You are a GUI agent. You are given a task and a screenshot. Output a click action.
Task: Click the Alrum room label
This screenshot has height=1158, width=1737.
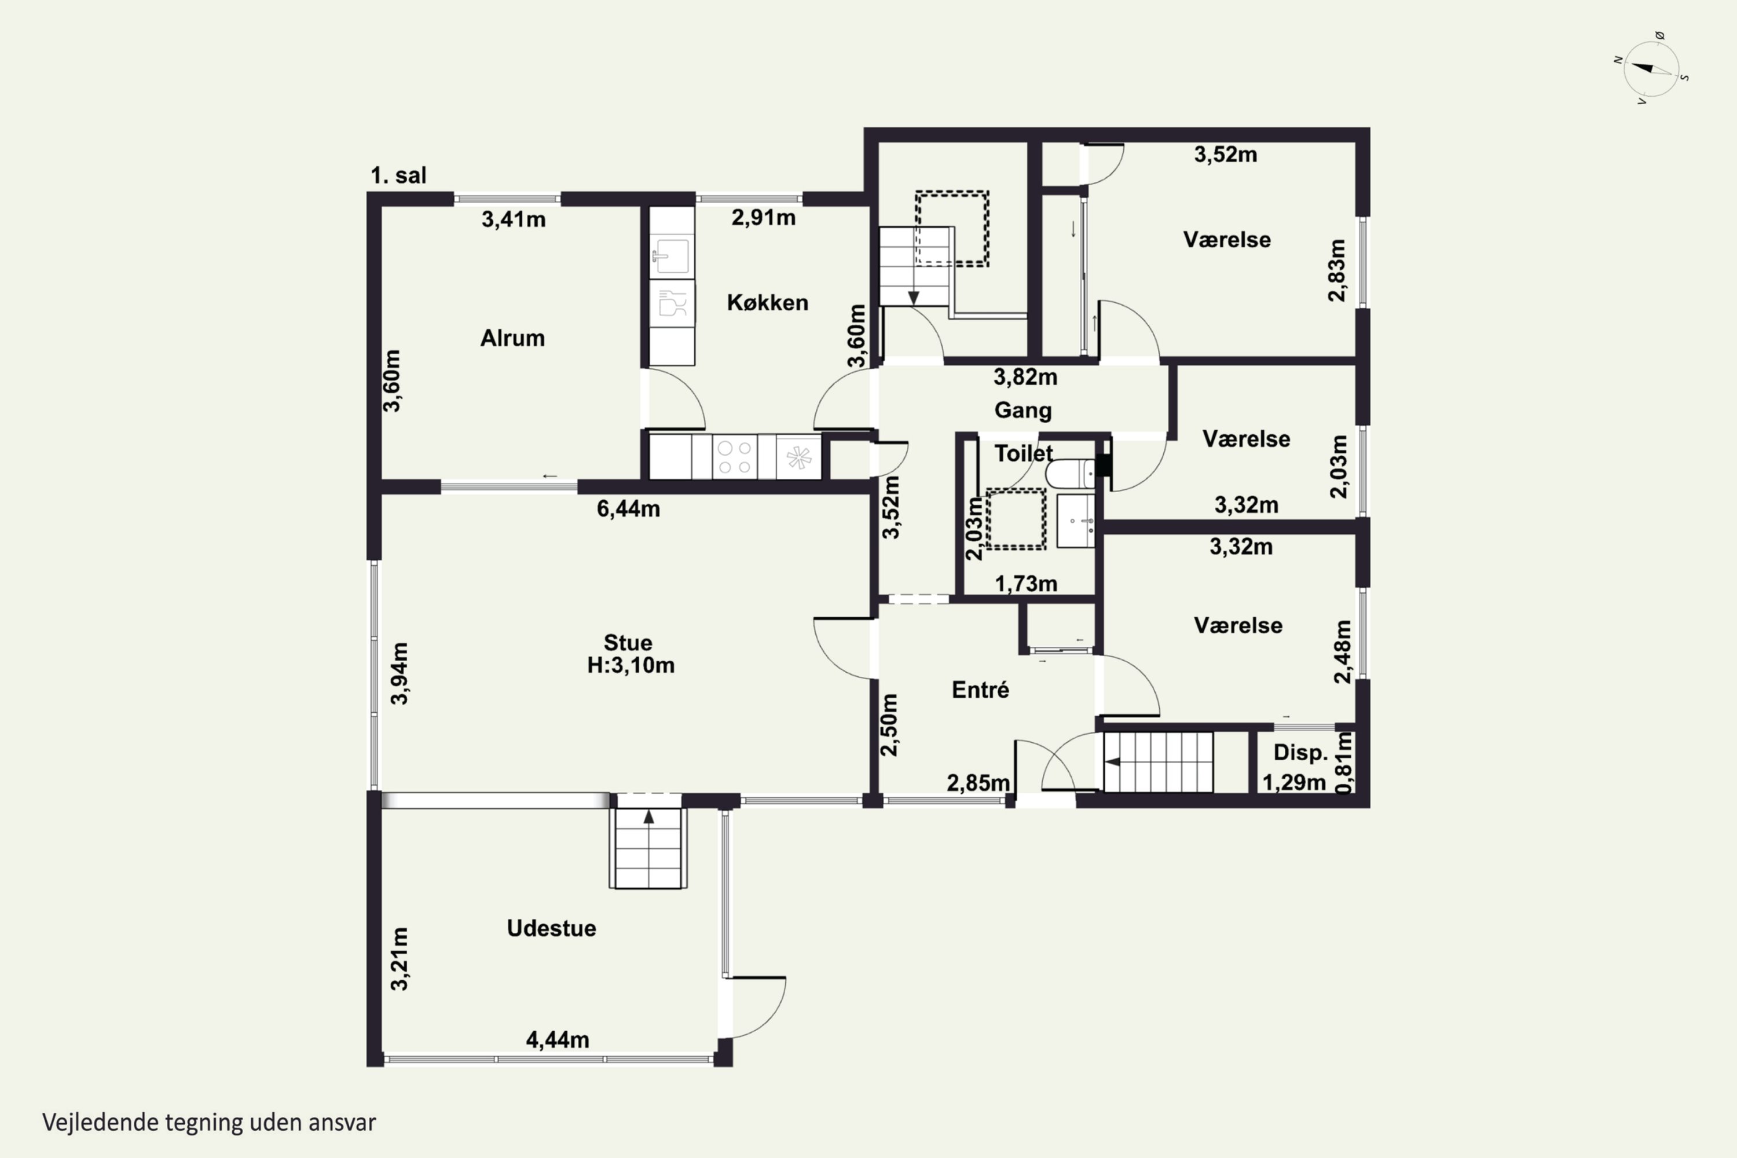click(x=512, y=338)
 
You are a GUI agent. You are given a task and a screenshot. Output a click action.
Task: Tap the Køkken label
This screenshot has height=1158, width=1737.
click(x=767, y=303)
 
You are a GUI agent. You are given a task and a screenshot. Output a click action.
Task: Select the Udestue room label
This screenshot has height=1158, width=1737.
click(x=551, y=928)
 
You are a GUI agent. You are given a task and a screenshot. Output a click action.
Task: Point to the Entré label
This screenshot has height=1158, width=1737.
click(x=980, y=690)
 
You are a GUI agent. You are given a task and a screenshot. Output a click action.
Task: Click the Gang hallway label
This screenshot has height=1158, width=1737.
click(x=1023, y=411)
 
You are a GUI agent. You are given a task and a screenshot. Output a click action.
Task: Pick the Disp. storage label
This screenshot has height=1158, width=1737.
click(x=1300, y=753)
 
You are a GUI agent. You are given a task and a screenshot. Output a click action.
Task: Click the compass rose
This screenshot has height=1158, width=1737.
click(x=1652, y=69)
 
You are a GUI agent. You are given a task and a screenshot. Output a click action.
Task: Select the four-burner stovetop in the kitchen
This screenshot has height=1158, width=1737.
click(x=734, y=457)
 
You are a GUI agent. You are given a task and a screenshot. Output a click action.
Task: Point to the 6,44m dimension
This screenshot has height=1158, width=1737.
click(x=628, y=509)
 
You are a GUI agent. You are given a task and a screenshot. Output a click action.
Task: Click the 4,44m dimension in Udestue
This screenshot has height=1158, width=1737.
click(x=558, y=1040)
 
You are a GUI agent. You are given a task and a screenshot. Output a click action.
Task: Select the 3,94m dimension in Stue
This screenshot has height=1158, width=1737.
click(x=399, y=673)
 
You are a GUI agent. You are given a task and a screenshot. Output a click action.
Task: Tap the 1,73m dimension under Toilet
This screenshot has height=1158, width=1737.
click(x=1026, y=584)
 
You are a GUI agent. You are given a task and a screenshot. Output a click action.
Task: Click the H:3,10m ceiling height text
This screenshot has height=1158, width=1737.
click(x=631, y=665)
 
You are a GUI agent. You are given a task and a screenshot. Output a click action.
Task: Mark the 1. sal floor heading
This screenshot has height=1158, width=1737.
click(x=399, y=176)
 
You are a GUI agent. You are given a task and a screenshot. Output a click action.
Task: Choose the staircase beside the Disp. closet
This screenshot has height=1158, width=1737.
click(x=1158, y=762)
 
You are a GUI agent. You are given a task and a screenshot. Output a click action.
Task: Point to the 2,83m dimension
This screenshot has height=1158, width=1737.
click(x=1337, y=270)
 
